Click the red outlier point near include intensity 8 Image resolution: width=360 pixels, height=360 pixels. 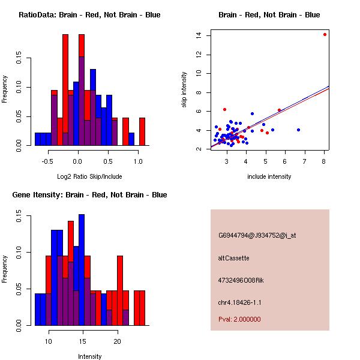point(325,34)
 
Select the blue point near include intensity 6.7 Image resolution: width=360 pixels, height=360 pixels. point(298,130)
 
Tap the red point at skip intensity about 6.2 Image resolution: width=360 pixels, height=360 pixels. point(224,109)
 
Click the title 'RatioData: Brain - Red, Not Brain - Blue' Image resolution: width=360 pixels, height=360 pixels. point(89,15)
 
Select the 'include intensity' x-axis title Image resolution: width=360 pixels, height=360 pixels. point(269,176)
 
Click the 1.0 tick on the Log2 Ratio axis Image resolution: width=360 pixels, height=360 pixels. point(138,161)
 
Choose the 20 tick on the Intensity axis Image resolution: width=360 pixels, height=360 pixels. point(118,341)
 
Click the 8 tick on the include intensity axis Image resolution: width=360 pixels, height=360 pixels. point(325,161)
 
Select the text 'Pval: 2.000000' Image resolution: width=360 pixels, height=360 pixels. point(239,319)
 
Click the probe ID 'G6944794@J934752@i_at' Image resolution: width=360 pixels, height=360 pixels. point(257,235)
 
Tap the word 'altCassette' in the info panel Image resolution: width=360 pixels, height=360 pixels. point(233,258)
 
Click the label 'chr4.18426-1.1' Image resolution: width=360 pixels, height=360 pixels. point(239,302)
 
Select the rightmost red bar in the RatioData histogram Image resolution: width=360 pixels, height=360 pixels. point(142,131)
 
